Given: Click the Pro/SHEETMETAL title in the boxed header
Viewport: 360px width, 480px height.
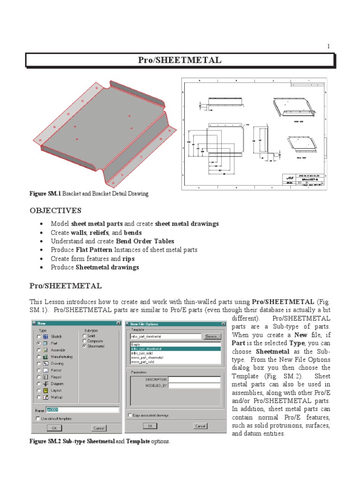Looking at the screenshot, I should (180, 60).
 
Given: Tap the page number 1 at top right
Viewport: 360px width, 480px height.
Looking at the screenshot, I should (329, 46).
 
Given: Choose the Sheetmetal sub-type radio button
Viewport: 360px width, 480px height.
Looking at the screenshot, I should (84, 346).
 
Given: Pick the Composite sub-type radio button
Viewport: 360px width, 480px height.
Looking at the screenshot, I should (84, 341).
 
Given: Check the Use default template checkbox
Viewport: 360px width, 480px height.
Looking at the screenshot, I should (38, 418).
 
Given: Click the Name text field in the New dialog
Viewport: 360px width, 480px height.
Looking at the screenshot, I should (82, 410).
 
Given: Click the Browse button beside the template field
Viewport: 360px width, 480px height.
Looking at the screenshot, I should (211, 336).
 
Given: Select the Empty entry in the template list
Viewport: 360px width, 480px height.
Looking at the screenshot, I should (135, 344).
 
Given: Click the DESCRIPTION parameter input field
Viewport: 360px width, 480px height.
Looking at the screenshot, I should (194, 379).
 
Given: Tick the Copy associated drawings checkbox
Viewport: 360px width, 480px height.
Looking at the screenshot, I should (130, 415).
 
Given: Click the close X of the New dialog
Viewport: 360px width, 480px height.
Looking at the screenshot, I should (118, 323).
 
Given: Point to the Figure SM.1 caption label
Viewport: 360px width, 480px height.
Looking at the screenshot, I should (45, 194).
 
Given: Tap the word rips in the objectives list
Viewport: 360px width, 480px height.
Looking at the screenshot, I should (129, 259).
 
